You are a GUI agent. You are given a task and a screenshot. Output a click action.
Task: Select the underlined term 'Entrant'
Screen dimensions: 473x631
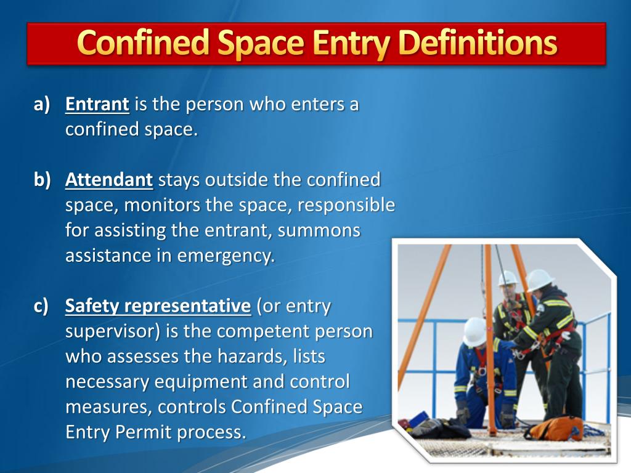pyautogui.click(x=97, y=104)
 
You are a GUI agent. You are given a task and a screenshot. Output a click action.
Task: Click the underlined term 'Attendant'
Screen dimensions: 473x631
pyautogui.click(x=109, y=180)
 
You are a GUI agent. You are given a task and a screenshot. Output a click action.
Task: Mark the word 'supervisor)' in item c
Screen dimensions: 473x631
pyautogui.click(x=113, y=331)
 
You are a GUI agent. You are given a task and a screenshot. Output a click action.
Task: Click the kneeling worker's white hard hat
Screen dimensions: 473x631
pyautogui.click(x=474, y=332)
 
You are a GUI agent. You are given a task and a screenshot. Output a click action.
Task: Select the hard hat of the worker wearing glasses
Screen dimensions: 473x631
pyautogui.click(x=507, y=278)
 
